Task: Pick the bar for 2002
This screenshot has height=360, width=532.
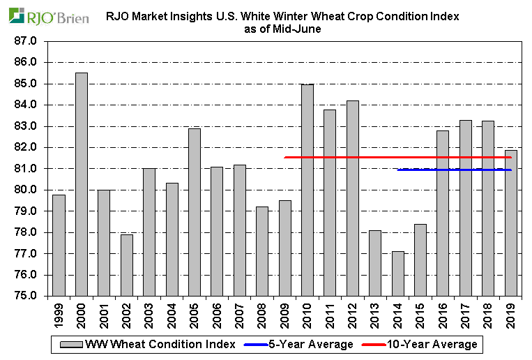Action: pyautogui.click(x=127, y=265)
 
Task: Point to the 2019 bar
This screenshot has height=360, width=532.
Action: pyautogui.click(x=511, y=223)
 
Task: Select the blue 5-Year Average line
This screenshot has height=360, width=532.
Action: pyautogui.click(x=418, y=170)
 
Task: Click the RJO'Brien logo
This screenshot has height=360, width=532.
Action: pyautogui.click(x=49, y=15)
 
